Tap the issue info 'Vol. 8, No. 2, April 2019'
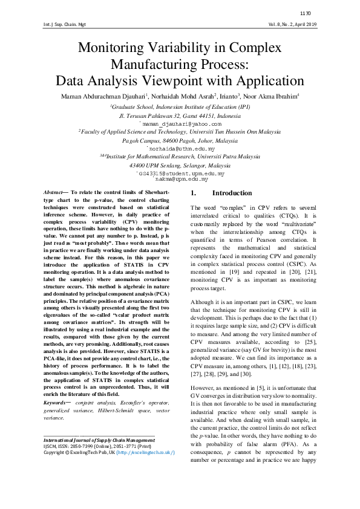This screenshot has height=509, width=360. tap(292, 25)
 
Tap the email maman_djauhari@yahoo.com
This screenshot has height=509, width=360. tap(180, 123)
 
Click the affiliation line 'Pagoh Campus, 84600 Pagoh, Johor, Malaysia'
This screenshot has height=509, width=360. tap(180, 140)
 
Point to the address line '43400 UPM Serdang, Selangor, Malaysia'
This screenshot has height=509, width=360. tap(180, 165)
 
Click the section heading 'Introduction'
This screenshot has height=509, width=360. tap(227, 193)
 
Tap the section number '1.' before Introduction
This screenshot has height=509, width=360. tap(194, 193)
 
